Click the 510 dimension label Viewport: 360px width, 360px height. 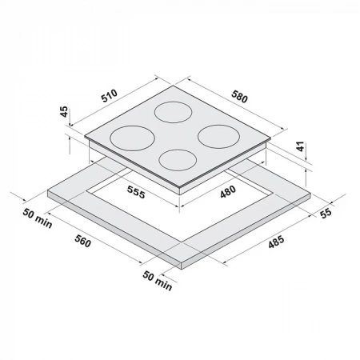point(110,96)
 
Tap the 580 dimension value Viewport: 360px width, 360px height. point(239,97)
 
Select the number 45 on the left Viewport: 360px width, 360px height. point(64,112)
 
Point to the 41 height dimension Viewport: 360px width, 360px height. point(301,147)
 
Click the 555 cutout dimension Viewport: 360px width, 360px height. point(136,192)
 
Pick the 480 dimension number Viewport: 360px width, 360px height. point(228,192)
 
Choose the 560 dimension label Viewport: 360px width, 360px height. point(82,242)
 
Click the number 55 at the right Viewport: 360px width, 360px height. point(326,214)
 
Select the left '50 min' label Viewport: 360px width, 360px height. point(38,218)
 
